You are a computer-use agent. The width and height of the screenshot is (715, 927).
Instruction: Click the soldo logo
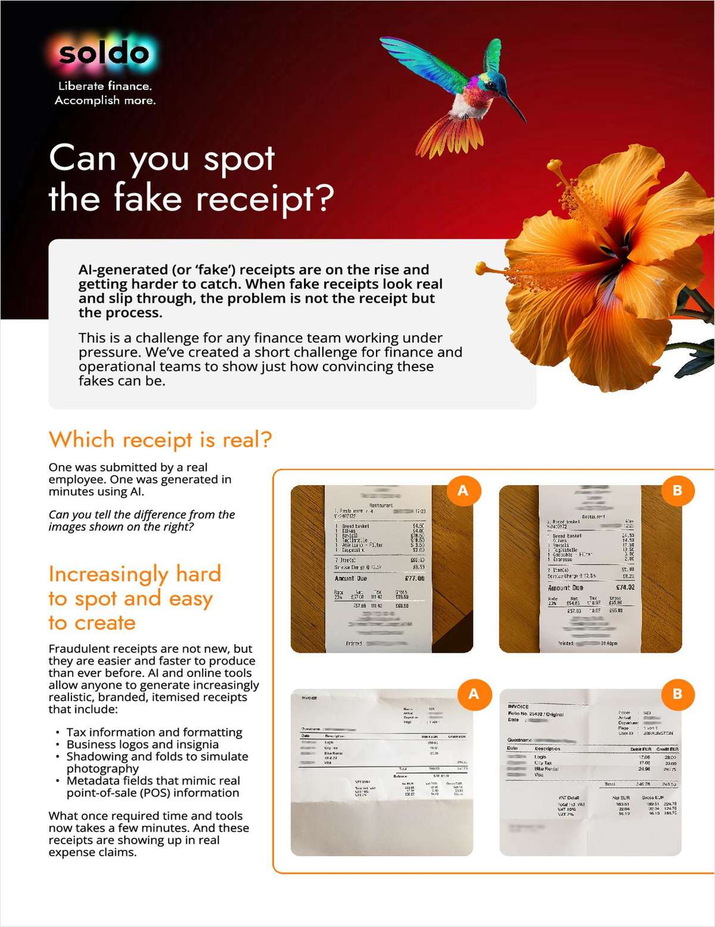pos(104,54)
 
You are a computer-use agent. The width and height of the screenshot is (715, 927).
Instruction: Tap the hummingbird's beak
pos(516,111)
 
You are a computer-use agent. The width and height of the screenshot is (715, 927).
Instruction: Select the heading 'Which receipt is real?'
pos(160,440)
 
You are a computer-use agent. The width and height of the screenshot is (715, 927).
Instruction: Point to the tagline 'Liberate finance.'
pos(105,86)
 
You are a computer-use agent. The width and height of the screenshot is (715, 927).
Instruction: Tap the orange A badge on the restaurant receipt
pos(462,491)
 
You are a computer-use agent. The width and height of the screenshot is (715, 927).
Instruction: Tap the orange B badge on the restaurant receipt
pos(677,491)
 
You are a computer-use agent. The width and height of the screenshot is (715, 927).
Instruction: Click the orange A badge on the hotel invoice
pos(473,694)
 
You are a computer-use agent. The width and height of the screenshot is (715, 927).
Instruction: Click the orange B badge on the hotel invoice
pos(677,694)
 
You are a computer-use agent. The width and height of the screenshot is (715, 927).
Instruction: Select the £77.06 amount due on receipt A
pos(414,578)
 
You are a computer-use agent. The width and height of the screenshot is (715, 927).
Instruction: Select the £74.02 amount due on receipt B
pos(624,587)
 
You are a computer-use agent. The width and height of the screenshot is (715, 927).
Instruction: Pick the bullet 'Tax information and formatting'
pos(154,732)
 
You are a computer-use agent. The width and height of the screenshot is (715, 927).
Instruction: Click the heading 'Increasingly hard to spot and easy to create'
pos(135,598)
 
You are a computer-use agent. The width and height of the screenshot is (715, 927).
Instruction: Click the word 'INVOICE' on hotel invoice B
pos(518,706)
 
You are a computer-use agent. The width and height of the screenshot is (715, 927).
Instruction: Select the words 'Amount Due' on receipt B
pos(565,588)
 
